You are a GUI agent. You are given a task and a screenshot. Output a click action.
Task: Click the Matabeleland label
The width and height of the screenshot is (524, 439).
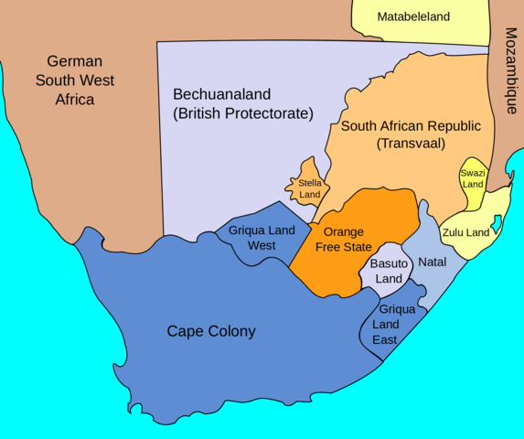(414, 16)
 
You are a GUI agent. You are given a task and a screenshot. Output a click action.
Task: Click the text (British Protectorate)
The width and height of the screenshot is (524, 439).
(243, 114)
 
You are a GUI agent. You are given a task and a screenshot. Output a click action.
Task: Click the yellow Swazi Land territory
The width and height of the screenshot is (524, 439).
(473, 178)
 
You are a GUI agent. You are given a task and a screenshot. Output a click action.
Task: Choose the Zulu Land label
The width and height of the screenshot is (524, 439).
(466, 232)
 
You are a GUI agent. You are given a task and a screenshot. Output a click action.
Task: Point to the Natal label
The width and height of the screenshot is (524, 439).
(432, 262)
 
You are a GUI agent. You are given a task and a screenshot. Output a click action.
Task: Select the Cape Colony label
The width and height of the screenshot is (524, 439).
(211, 331)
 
